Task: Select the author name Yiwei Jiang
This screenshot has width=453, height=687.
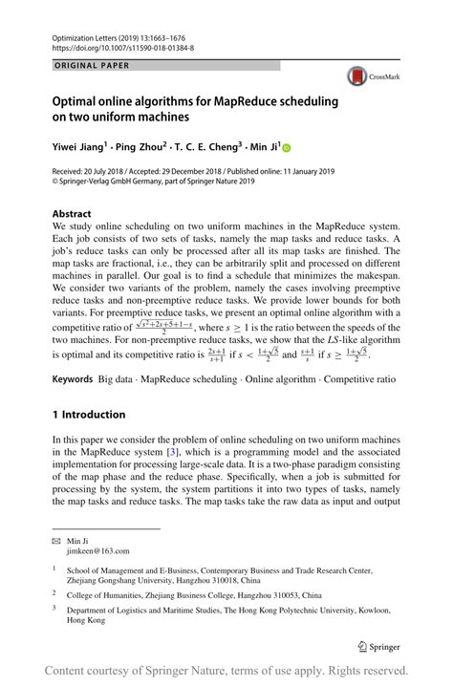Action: (80, 148)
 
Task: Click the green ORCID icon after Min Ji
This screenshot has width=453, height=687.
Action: (284, 148)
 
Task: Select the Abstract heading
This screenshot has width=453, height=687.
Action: (72, 214)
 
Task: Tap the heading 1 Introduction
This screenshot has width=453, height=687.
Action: (89, 415)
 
